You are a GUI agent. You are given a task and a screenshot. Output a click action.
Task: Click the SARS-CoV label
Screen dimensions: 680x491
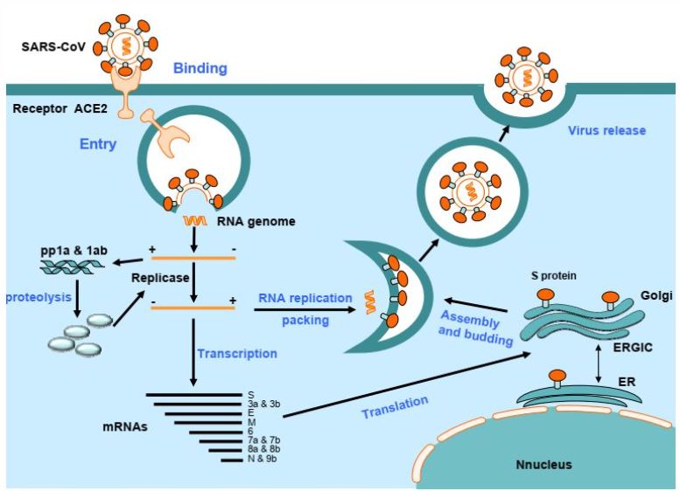tap(53, 46)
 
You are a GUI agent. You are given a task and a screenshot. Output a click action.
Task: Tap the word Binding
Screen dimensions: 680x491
tap(200, 68)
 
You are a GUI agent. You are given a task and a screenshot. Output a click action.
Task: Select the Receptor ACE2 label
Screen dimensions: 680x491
tap(60, 108)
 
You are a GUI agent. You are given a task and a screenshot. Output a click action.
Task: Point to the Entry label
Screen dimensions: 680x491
tap(98, 144)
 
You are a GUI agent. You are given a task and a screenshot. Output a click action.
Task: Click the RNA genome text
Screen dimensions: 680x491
tap(256, 221)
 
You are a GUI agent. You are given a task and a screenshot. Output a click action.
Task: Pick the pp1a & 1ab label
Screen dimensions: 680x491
tap(74, 251)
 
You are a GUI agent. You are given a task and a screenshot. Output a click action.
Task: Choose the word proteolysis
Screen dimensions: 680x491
tap(39, 297)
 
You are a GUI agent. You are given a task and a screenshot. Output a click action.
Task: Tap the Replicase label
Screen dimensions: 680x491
tap(160, 278)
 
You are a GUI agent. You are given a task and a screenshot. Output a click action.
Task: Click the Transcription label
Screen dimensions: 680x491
tap(237, 353)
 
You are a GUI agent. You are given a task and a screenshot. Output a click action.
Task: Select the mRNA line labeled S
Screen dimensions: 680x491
tap(194, 395)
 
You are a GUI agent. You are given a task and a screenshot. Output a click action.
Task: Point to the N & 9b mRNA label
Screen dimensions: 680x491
tap(262, 459)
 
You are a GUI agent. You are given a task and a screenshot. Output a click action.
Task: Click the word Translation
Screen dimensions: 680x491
tap(395, 407)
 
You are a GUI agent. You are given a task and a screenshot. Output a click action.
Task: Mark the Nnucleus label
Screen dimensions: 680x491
tap(543, 465)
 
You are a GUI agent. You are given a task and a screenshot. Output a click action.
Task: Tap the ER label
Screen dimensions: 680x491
tap(627, 382)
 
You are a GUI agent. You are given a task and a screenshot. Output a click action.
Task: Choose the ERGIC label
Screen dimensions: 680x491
tap(633, 347)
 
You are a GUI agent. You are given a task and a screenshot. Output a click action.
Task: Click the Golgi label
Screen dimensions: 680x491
tap(656, 295)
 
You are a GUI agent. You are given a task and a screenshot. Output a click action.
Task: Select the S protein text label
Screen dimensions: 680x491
tap(554, 275)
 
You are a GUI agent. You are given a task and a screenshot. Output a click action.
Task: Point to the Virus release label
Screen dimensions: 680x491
tap(606, 130)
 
